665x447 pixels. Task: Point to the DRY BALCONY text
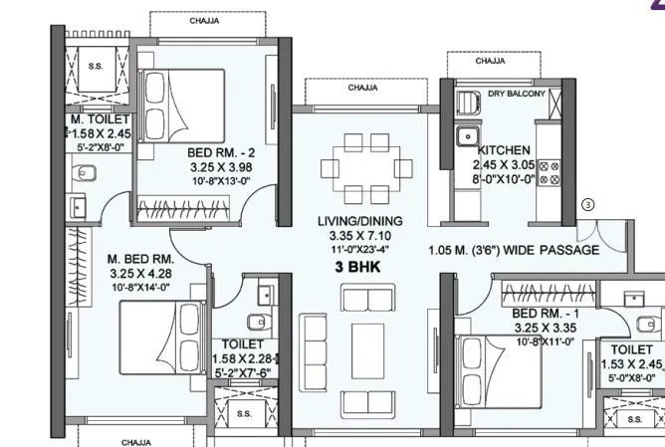click(x=516, y=94)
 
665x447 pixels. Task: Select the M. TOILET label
click(x=95, y=119)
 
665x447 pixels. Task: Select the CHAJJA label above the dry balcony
click(x=489, y=61)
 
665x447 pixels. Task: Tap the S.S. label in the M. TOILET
click(x=96, y=67)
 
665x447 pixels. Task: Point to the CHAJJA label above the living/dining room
click(x=361, y=88)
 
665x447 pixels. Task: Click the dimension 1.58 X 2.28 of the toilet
click(x=246, y=359)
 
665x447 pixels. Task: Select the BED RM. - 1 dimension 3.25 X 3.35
click(x=546, y=326)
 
